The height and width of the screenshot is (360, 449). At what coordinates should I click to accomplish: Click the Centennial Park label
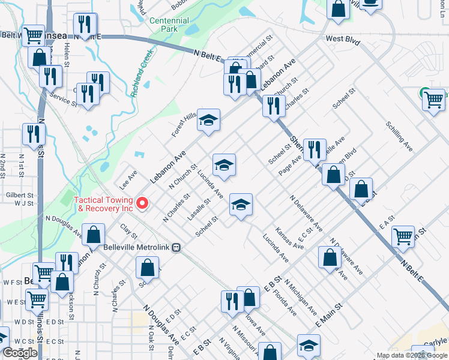[170, 24]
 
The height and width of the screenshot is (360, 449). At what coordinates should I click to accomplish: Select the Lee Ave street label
[130, 178]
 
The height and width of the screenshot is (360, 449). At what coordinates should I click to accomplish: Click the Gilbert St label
[20, 196]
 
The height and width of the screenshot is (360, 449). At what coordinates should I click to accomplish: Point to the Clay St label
[125, 229]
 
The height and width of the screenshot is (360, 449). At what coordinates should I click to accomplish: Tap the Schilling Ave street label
[399, 137]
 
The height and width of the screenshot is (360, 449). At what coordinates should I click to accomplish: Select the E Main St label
[329, 315]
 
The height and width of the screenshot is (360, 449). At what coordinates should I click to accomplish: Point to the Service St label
[64, 100]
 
